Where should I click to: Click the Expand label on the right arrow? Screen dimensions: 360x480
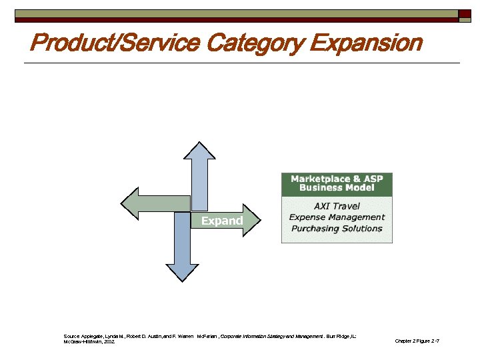221,221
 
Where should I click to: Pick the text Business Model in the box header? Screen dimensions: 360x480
337,188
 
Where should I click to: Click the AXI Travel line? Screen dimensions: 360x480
337,206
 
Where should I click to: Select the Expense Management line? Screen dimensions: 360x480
337,217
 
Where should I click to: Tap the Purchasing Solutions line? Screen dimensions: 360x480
337,229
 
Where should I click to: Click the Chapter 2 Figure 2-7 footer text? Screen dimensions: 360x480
417,341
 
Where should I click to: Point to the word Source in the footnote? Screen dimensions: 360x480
71,336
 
